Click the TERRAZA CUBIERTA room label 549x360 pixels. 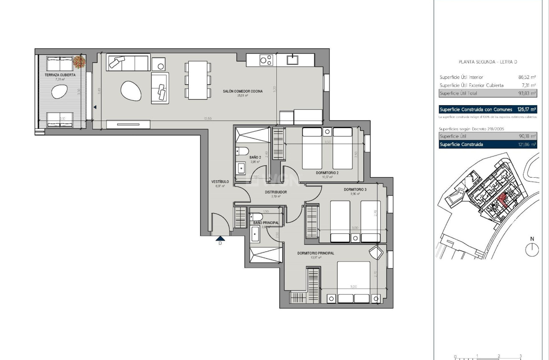pyautogui.click(x=60, y=75)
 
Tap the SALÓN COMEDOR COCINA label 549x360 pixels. pyautogui.click(x=242, y=91)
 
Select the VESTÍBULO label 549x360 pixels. pyautogui.click(x=220, y=182)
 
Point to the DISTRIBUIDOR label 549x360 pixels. pyautogui.click(x=276, y=192)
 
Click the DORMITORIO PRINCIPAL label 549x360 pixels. pyautogui.click(x=316, y=253)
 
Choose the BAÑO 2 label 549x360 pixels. pyautogui.click(x=255, y=158)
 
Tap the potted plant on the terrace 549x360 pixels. pyautogui.click(x=79, y=62)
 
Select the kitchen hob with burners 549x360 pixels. pyautogui.click(x=267, y=60)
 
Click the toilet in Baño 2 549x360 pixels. pyautogui.click(x=243, y=151)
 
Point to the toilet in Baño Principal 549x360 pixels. pyautogui.click(x=256, y=217)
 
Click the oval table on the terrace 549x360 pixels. pyautogui.click(x=60, y=91)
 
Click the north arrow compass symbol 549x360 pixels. pyautogui.click(x=532, y=249)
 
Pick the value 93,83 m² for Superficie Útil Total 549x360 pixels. pyautogui.click(x=527, y=93)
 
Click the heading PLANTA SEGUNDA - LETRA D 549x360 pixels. pyautogui.click(x=488, y=62)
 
